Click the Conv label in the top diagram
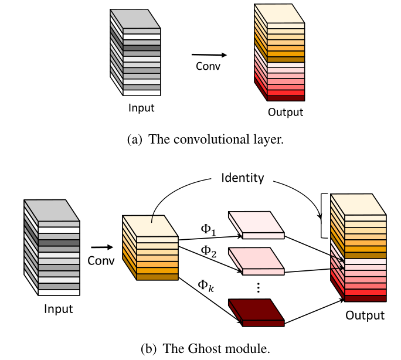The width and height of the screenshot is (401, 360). point(208,66)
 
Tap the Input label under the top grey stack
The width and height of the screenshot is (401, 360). point(142,108)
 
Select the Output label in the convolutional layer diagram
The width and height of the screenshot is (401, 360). point(286,112)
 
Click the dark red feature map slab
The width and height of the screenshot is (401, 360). point(256,311)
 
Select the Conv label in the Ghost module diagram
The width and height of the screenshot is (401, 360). point(101,260)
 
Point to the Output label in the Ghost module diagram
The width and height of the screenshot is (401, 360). point(365,315)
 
